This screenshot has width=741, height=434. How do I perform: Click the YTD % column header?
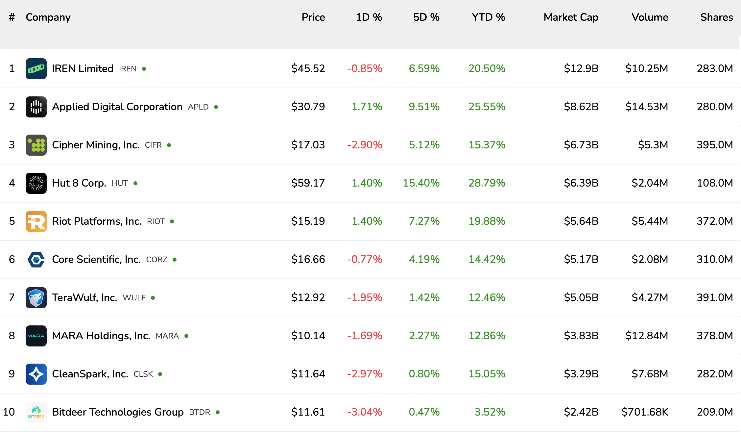click(x=488, y=17)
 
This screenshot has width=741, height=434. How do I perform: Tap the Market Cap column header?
click(x=571, y=17)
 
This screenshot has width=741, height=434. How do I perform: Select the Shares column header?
click(x=716, y=17)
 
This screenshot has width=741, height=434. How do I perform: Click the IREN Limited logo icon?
click(x=36, y=69)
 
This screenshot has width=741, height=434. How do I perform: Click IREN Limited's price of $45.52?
click(x=308, y=68)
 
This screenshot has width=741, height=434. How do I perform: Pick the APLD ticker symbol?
click(x=198, y=107)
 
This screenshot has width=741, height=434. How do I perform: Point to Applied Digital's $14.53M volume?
click(x=646, y=107)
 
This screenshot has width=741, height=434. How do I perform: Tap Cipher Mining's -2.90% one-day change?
click(x=365, y=145)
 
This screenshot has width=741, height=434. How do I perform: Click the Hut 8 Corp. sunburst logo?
click(x=36, y=183)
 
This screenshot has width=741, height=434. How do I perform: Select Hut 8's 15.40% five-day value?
click(x=421, y=183)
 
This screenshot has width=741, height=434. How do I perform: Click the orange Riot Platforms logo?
click(x=36, y=221)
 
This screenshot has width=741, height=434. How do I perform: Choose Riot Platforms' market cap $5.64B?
click(x=581, y=221)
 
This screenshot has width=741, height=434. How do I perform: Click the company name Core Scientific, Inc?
click(x=96, y=259)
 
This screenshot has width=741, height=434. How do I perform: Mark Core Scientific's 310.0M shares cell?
click(x=715, y=259)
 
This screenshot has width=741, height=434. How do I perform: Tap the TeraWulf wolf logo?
click(x=36, y=298)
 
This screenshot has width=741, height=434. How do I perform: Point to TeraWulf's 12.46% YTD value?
click(x=487, y=297)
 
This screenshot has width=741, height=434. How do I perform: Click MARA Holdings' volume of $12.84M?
click(x=646, y=336)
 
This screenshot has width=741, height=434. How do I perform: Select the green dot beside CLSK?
click(x=160, y=374)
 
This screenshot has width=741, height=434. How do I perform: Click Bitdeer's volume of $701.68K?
click(x=644, y=412)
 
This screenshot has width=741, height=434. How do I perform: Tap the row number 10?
click(x=9, y=412)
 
